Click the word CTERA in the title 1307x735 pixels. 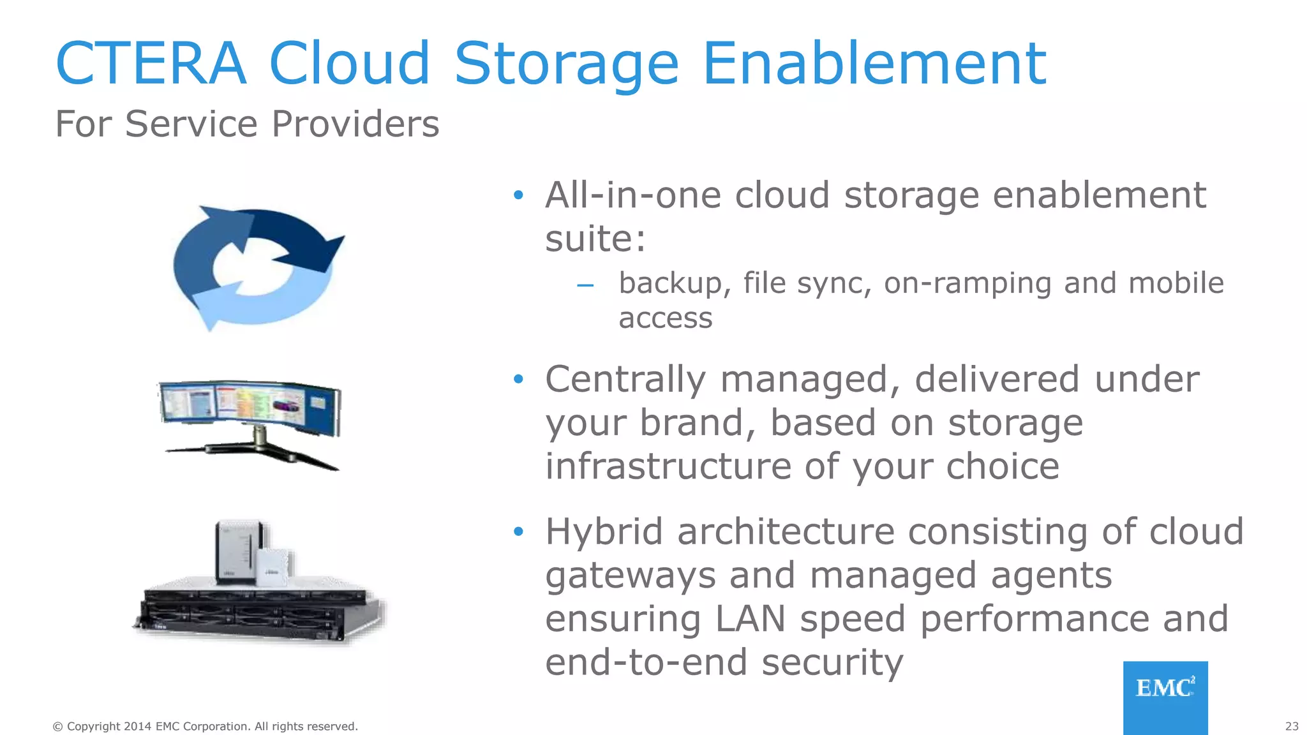pos(151,64)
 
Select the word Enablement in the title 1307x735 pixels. pos(874,64)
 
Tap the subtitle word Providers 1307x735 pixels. pos(355,124)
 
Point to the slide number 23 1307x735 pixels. pos(1292,726)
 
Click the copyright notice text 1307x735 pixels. pos(205,726)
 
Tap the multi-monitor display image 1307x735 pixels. pos(250,421)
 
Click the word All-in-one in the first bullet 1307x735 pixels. pos(632,195)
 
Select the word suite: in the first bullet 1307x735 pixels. pos(595,240)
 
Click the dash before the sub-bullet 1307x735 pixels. pos(585,285)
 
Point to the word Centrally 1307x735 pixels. pos(625,380)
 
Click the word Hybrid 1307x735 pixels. pos(604,531)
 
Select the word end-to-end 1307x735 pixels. pos(645,662)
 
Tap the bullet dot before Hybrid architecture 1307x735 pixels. pos(518,531)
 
